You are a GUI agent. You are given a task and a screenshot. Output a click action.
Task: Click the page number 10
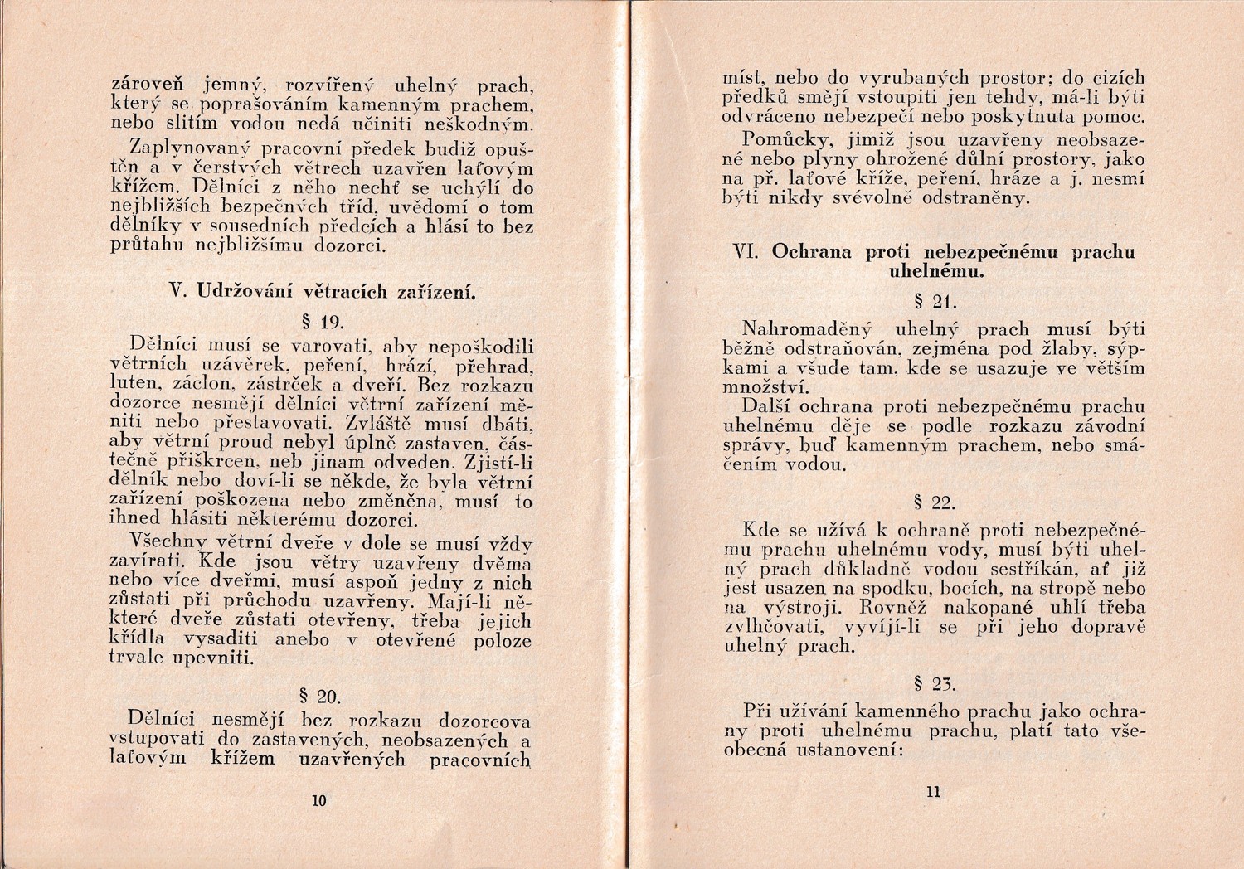pos(318,800)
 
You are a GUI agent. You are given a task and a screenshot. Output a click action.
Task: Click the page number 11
pos(933,792)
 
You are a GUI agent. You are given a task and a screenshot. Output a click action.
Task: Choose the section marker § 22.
pos(934,502)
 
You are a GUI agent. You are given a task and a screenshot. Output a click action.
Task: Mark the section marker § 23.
pos(934,684)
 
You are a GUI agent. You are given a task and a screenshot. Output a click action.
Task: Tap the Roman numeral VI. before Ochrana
pos(748,251)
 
